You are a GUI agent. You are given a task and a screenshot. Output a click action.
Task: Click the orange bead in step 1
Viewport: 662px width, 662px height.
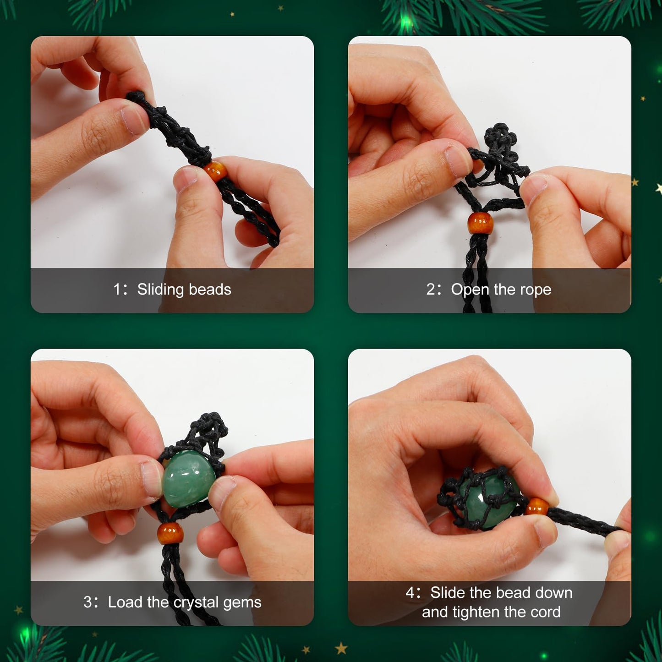point(215,171)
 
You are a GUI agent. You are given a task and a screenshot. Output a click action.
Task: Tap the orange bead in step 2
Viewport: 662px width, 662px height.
point(481,224)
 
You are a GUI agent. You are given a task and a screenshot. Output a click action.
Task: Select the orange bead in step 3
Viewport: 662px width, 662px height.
point(170,533)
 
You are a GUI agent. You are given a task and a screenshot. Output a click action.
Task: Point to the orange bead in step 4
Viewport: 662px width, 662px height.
point(537,507)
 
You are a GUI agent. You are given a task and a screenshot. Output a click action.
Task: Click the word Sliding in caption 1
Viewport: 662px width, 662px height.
point(160,290)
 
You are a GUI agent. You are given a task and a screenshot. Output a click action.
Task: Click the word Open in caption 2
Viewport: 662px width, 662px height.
point(470,290)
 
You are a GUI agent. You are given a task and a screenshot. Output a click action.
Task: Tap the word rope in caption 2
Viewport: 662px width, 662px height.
point(535,290)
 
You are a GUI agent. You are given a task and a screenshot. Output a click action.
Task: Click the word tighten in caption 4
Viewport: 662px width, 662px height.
point(476,612)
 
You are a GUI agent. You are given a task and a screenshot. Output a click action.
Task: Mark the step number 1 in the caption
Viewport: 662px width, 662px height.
point(117,290)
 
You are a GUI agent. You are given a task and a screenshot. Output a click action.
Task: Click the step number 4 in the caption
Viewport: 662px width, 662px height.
point(410,593)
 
